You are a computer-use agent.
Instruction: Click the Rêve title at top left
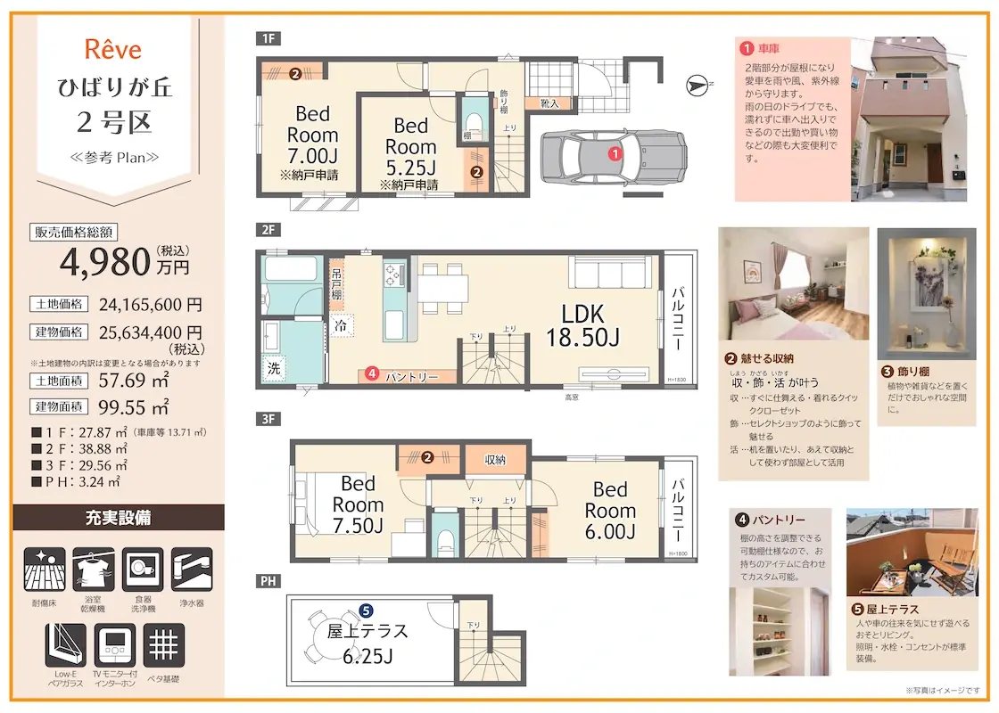[x=112, y=49]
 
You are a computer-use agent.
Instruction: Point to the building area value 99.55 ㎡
[x=133, y=408]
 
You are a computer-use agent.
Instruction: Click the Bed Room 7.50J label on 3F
[x=358, y=504]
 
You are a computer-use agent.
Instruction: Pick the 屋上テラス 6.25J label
[x=367, y=643]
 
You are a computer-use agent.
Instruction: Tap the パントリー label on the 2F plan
[x=411, y=377]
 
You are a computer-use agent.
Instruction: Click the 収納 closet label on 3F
[x=495, y=460]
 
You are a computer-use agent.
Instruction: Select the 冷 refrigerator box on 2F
[x=340, y=326]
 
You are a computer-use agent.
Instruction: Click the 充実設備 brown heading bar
[x=119, y=517]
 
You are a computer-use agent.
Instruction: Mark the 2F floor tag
[x=268, y=230]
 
